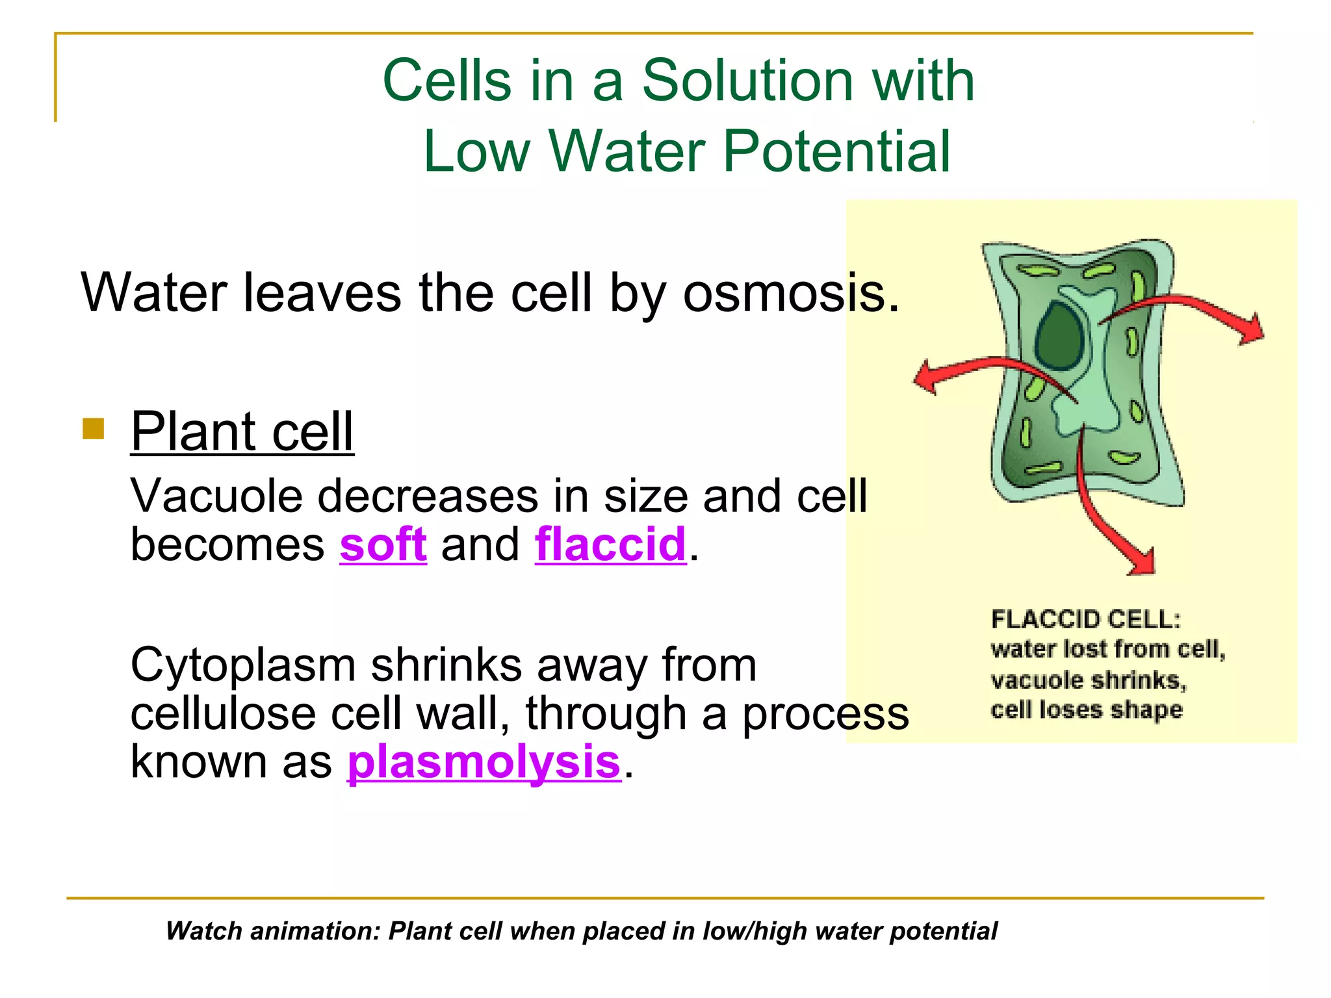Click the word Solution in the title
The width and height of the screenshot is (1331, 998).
tap(747, 81)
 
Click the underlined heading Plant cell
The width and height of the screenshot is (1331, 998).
tap(242, 431)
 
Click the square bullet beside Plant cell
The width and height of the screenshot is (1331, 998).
tap(94, 429)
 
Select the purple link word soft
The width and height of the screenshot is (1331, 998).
tap(383, 544)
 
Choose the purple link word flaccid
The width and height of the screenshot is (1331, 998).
tap(610, 544)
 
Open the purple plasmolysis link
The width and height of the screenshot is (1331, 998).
tap(484, 761)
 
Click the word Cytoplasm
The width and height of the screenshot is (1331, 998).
tap(242, 665)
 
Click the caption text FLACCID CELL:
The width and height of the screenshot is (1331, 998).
tap(1085, 619)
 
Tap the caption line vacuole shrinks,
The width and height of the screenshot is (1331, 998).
tap(1088, 680)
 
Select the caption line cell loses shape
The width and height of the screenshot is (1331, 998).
tap(1086, 710)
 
